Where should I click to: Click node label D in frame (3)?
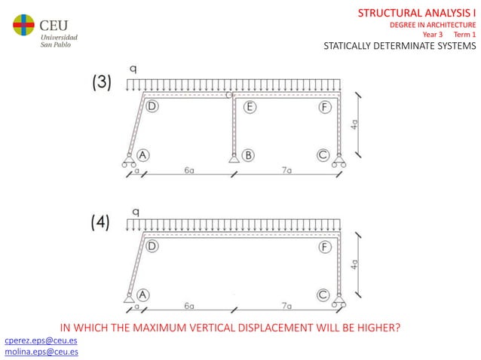pos(152,107)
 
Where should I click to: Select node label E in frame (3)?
pos(250,107)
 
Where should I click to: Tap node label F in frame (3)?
pos(325,107)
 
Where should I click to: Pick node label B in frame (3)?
pos(247,155)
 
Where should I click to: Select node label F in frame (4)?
pos(325,246)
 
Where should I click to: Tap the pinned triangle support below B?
pos(234,157)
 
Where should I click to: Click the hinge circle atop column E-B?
pos(230,95)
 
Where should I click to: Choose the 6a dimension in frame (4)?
pos(188,307)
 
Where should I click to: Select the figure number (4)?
pos(102,222)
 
